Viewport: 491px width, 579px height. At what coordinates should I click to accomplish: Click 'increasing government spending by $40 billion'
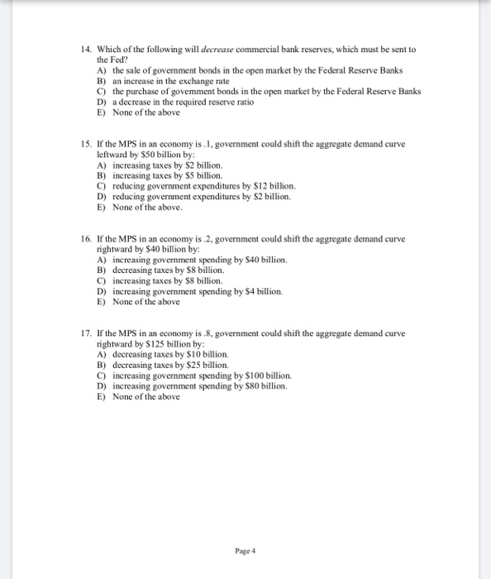click(199, 260)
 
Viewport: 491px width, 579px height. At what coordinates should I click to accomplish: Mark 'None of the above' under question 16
click(145, 302)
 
